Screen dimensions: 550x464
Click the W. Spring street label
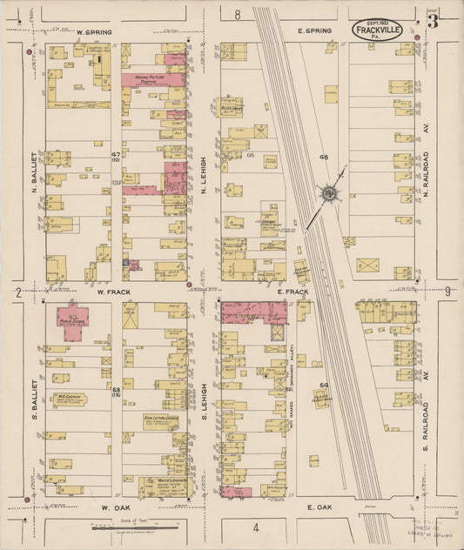94,32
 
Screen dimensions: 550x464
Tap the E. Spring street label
314,31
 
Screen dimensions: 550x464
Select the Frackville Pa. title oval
377,32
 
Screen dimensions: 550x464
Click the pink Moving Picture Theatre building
152,80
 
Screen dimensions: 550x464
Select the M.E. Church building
69,399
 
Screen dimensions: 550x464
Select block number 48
323,158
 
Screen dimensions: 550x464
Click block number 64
323,384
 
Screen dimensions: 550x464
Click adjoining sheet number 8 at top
237,15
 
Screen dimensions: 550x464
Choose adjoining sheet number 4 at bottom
256,527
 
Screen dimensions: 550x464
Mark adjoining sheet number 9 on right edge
447,292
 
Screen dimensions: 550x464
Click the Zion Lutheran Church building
161,422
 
